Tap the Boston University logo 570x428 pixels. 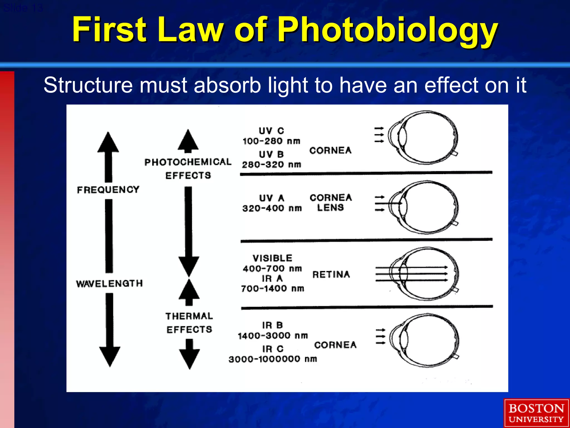(x=536, y=413)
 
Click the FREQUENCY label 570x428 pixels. (x=108, y=190)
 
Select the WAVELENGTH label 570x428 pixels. (x=109, y=284)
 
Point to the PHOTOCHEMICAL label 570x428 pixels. (x=188, y=162)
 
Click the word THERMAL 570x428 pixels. (x=189, y=316)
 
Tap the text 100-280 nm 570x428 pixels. (x=271, y=141)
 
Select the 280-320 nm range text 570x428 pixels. (x=271, y=165)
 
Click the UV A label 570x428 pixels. (x=272, y=198)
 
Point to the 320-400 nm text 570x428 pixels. (x=272, y=208)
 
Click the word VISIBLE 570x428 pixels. (x=272, y=258)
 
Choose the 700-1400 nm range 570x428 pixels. (x=272, y=289)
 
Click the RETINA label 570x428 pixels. (x=331, y=274)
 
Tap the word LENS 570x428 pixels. (x=331, y=208)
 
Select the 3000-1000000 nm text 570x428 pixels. (x=273, y=359)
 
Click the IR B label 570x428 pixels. (x=272, y=325)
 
